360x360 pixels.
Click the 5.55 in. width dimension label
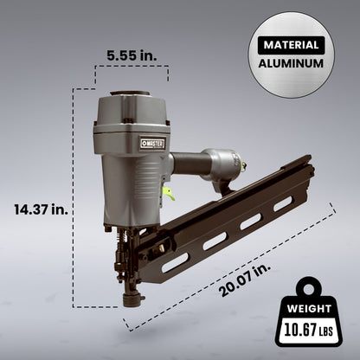(131, 55)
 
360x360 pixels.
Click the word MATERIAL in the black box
(290, 44)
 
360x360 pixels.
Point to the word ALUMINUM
(290, 63)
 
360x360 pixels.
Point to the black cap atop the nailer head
(129, 92)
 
